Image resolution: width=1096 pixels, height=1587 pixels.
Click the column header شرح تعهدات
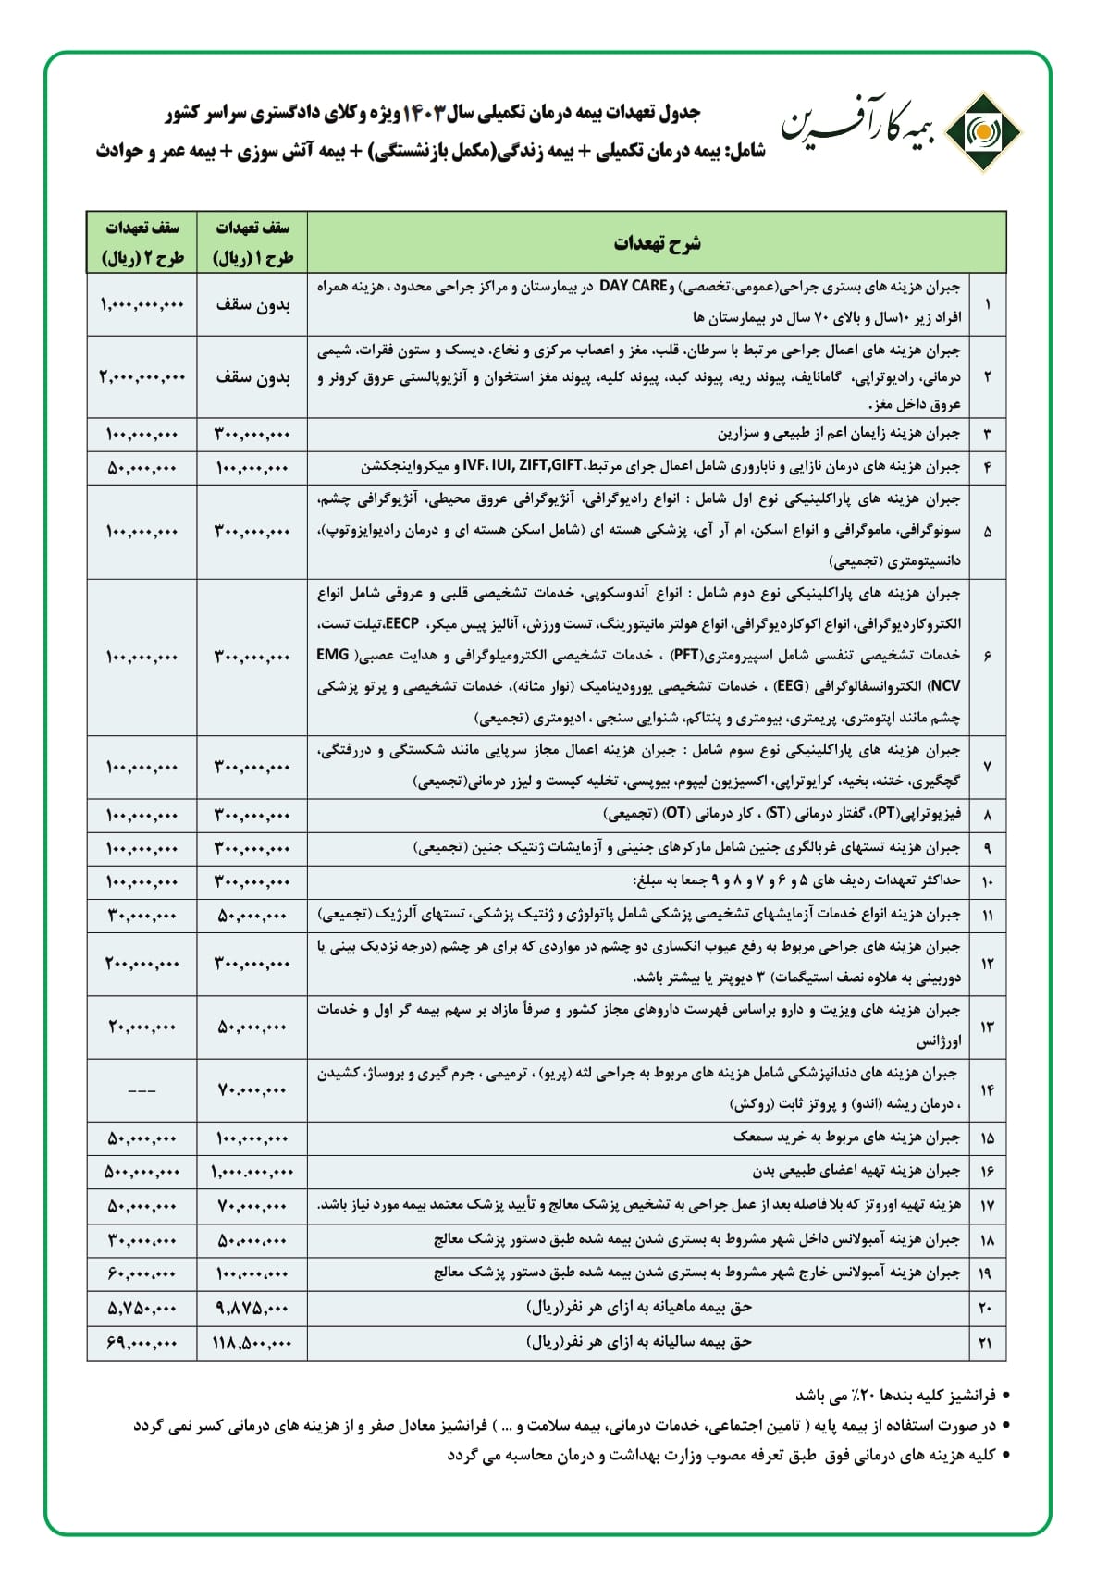(657, 243)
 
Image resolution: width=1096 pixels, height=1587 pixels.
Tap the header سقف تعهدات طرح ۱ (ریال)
(252, 243)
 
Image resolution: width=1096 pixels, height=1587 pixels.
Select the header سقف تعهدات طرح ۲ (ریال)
(142, 243)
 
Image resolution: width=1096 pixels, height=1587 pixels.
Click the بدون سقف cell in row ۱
(252, 303)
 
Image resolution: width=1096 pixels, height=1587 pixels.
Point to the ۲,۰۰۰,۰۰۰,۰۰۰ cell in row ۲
(142, 376)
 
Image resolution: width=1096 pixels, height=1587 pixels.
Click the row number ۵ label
(988, 532)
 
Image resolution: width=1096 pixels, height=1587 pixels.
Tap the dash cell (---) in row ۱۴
(142, 1090)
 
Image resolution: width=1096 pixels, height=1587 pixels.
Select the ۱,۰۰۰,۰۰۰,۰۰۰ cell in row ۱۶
(252, 1172)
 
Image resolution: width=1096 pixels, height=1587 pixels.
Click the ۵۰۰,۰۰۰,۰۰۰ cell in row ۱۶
(142, 1172)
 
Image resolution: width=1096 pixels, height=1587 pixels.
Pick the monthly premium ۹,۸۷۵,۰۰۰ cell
(252, 1308)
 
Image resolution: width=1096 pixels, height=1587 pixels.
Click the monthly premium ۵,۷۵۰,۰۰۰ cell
(142, 1308)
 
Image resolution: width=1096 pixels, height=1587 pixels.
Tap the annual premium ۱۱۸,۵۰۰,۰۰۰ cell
(252, 1343)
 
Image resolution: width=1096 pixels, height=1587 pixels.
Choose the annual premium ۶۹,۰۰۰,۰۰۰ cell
(142, 1343)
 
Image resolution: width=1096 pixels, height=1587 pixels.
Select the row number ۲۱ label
(987, 1343)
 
